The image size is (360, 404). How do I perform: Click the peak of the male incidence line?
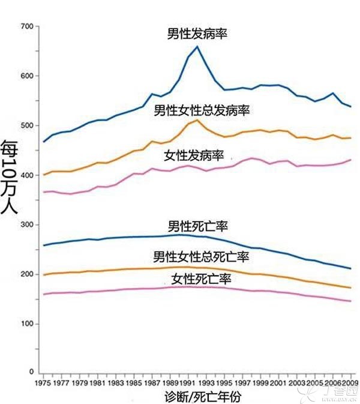(197, 46)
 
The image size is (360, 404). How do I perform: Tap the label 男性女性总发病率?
(202, 110)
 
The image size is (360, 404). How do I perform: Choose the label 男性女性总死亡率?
(202, 256)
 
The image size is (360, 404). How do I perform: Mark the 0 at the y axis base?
(30, 373)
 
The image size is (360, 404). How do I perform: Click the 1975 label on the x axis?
(43, 382)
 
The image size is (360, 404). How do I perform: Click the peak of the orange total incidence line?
(197, 121)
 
